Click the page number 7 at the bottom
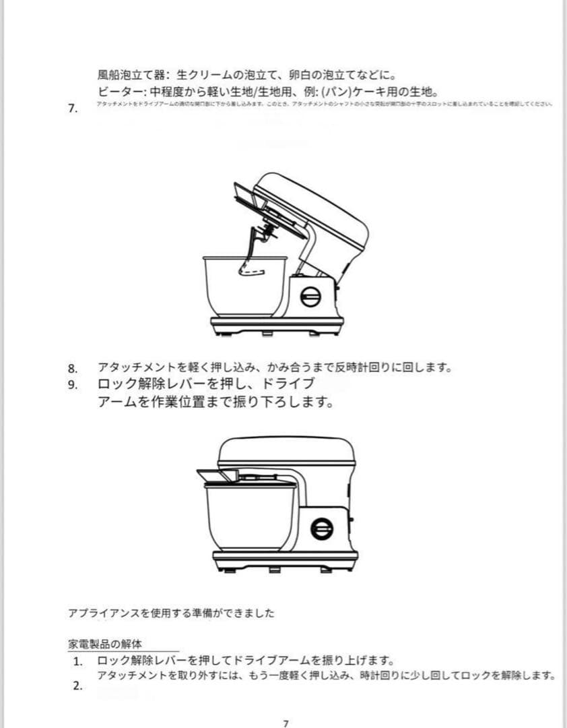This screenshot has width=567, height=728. [286, 723]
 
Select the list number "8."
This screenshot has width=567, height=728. [73, 368]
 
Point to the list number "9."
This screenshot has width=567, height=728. [73, 386]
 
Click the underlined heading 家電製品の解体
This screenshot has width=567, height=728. [105, 644]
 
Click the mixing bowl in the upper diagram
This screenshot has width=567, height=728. [243, 285]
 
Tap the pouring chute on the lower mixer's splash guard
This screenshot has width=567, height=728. [218, 475]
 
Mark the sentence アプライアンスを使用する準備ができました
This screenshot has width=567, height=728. [172, 613]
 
